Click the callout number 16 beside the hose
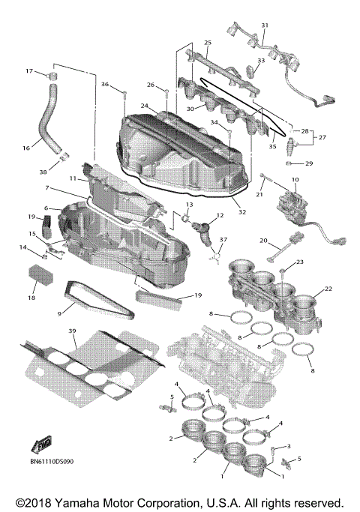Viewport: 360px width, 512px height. pos(26,149)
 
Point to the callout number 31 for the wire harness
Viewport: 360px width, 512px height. pos(264,26)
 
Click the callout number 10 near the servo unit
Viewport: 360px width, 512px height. pos(295,180)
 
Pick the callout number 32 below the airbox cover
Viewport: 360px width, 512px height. pos(241,212)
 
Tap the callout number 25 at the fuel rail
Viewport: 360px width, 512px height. pos(208,43)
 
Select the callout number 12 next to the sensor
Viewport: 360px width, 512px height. pos(219,216)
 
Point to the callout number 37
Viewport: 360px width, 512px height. pos(222,239)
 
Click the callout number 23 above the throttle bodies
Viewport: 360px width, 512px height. pos(299,262)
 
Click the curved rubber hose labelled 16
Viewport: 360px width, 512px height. pos(43,120)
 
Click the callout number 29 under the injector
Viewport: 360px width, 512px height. pos(310,163)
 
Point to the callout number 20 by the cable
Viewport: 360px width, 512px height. pos(264,241)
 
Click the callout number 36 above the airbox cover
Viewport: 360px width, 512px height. pos(105,84)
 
